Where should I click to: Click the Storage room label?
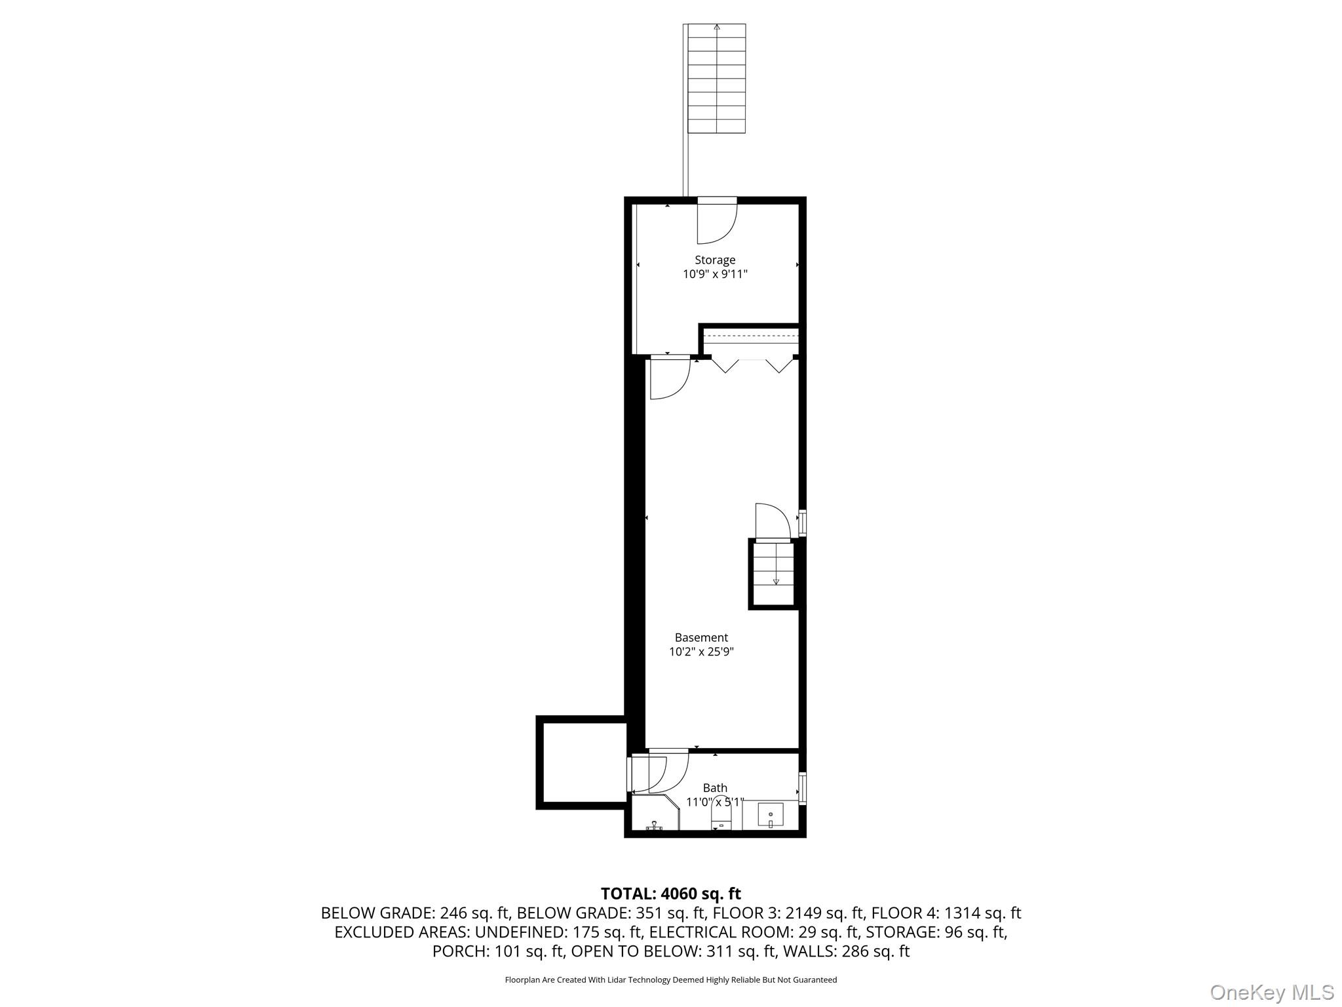click(x=715, y=260)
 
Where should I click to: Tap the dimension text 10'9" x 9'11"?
click(x=715, y=275)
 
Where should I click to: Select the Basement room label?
click(x=701, y=637)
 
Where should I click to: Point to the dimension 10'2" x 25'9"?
click(x=701, y=652)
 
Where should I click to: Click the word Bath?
click(x=715, y=788)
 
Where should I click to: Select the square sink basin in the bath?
click(x=771, y=815)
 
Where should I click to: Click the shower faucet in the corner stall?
click(x=654, y=826)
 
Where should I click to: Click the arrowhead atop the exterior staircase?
click(x=717, y=28)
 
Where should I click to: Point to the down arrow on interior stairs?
click(x=776, y=580)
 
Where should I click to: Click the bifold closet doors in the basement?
click(x=752, y=365)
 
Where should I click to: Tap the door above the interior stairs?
click(x=772, y=521)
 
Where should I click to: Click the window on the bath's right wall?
click(x=803, y=787)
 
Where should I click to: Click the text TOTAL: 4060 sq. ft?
click(x=670, y=894)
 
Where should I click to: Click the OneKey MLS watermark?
click(x=1271, y=992)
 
